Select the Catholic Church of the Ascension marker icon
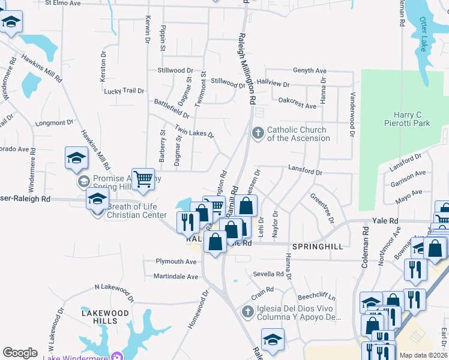pyautogui.click(x=258, y=133)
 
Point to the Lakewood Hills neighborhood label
pyautogui.click(x=106, y=317)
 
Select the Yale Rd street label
pyautogui.click(x=385, y=221)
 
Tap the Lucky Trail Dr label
pyautogui.click(x=124, y=91)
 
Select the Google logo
pyautogui.click(x=20, y=353)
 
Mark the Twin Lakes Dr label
pyautogui.click(x=194, y=131)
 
